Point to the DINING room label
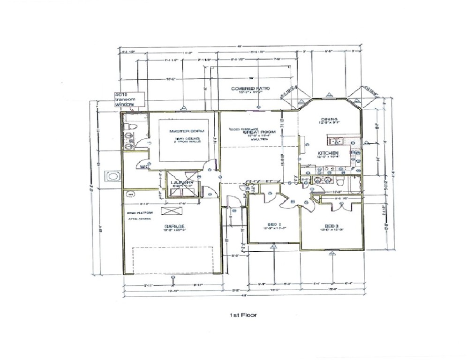coord(326,119)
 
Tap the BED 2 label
coord(272,225)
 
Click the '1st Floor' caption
coord(240,315)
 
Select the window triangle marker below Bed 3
coord(332,254)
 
